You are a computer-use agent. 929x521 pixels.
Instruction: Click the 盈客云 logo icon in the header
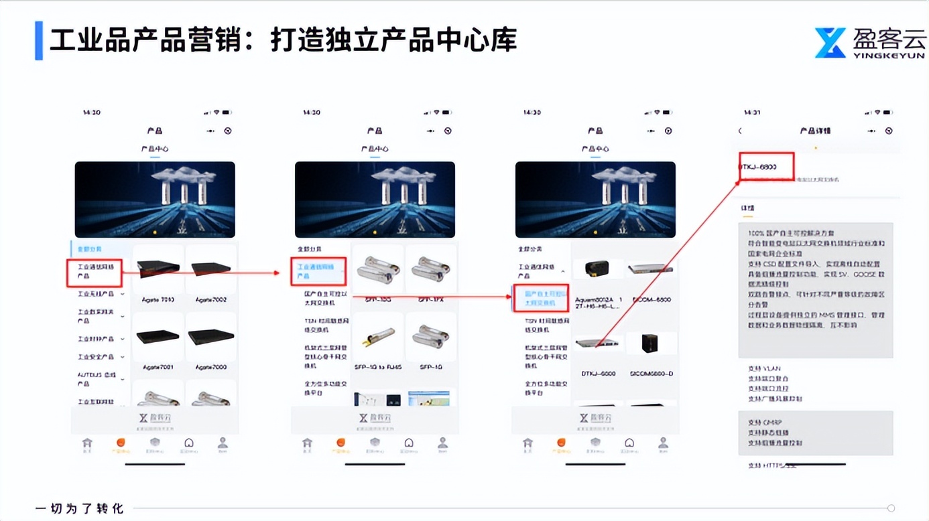point(830,43)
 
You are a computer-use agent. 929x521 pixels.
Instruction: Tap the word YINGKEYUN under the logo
point(889,55)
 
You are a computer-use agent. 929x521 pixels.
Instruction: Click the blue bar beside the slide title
point(39,41)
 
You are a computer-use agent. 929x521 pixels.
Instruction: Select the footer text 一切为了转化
point(79,508)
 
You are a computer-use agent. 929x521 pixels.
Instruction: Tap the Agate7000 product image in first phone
point(211,337)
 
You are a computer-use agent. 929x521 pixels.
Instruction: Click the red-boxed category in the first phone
point(95,273)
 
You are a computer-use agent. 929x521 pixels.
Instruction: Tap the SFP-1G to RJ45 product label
point(377,367)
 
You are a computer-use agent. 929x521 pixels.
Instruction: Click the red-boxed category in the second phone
point(318,271)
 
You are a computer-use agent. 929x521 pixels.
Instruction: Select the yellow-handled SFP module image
point(377,337)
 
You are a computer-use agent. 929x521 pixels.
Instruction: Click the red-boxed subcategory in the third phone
point(540,298)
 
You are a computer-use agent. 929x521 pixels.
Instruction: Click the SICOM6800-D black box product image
point(649,344)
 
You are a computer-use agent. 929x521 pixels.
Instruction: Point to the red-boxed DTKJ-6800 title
point(766,167)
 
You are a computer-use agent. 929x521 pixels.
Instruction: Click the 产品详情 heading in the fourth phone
point(815,131)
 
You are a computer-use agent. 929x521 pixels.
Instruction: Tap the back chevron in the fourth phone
point(740,131)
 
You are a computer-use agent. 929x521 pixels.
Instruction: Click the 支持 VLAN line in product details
point(764,368)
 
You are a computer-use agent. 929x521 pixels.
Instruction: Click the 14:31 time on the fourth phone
point(752,113)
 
